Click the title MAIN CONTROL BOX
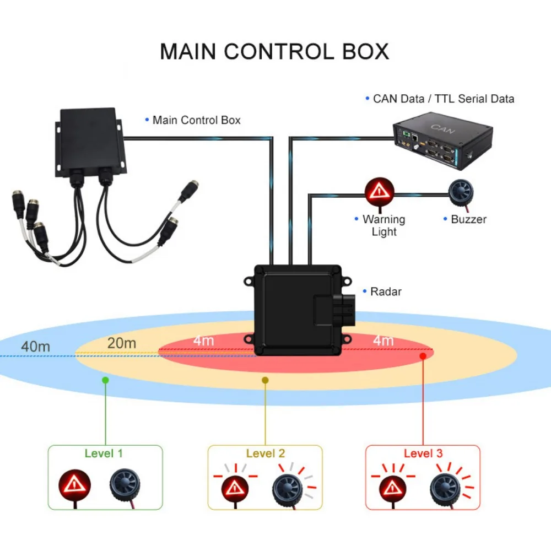[x=274, y=51]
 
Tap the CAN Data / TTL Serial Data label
[x=444, y=99]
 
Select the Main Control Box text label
[x=196, y=120]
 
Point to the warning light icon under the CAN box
[x=380, y=191]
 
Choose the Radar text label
[x=386, y=291]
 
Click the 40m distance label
[x=36, y=347]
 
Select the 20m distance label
[x=121, y=343]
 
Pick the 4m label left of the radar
[x=203, y=341]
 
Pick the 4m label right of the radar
[x=383, y=341]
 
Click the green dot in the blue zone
[x=105, y=380]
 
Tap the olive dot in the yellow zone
[x=265, y=380]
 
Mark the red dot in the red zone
[x=423, y=356]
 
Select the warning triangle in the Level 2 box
[x=235, y=487]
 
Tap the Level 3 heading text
[x=423, y=453]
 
